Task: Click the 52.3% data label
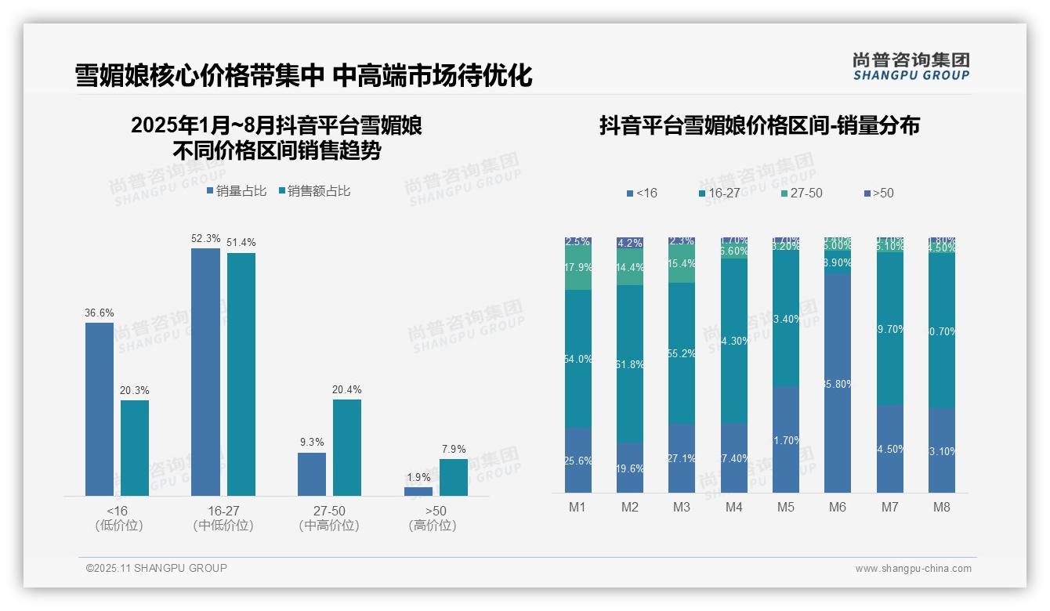[x=205, y=238]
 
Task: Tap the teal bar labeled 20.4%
[x=347, y=447]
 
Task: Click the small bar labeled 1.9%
[x=418, y=491]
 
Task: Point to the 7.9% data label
[x=454, y=449]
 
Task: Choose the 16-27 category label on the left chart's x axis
[x=223, y=511]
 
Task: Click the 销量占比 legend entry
[x=237, y=190]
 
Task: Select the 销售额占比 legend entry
[x=314, y=190]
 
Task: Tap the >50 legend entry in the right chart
[x=878, y=193]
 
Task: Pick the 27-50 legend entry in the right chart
[x=800, y=193]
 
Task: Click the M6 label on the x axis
[x=838, y=507]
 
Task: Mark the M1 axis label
[x=577, y=507]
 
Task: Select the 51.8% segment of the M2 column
[x=630, y=363]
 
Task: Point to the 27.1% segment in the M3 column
[x=682, y=458]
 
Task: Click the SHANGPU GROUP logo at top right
[x=911, y=66]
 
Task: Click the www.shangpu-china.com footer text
[x=913, y=569]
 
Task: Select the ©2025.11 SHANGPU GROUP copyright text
[x=157, y=568]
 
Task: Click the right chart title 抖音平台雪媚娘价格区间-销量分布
[x=759, y=125]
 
